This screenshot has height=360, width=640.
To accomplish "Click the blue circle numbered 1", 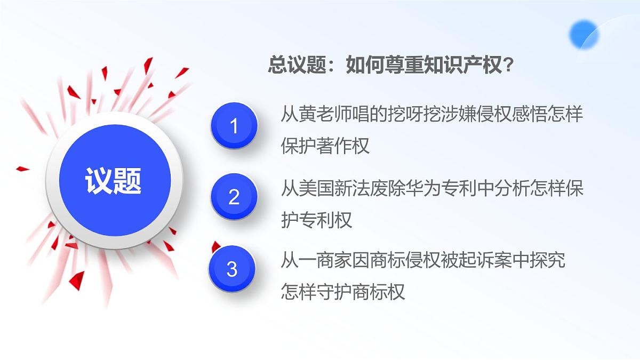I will coord(234,126).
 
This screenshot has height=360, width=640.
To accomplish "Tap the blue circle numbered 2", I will coord(234,197).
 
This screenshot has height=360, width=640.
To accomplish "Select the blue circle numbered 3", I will coord(231,269).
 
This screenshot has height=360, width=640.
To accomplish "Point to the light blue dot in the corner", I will coord(583,34).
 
